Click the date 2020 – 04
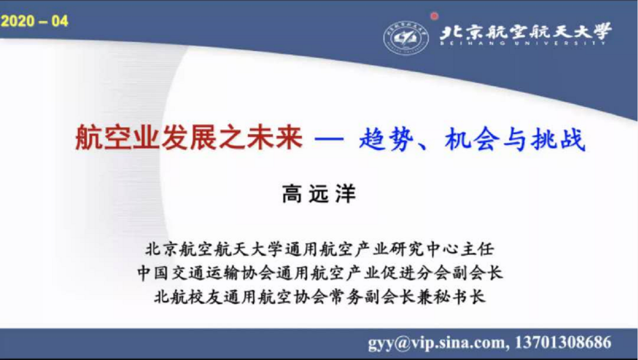point(34,21)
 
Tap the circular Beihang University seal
point(406,38)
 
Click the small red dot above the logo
point(434,16)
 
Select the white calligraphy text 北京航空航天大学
point(525,31)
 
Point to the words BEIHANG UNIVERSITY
point(523,43)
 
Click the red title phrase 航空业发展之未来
point(189,138)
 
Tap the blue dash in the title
point(329,139)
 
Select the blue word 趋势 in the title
point(387,139)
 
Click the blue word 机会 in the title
point(472,139)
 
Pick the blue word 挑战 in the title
point(558,139)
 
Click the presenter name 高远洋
point(319,194)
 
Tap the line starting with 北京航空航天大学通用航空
point(320,249)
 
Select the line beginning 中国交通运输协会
point(320,273)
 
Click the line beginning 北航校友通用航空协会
point(320,297)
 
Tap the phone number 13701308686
point(563,342)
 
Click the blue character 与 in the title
point(515,139)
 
